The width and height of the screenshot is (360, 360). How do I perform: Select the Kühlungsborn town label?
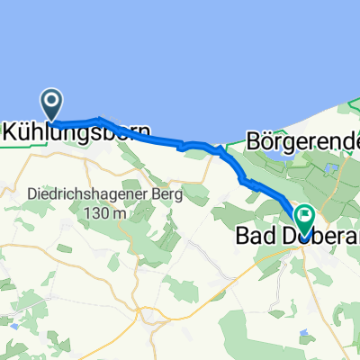click(x=76, y=131)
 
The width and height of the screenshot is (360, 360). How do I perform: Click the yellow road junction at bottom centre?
click(x=149, y=314)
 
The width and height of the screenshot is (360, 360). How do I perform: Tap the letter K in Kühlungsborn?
click(x=12, y=131)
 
